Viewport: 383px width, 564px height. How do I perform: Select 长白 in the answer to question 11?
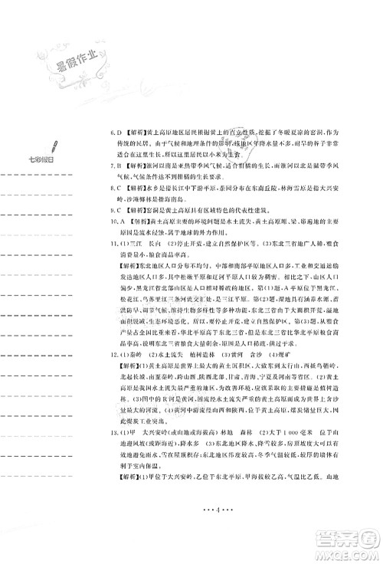point(155,241)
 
